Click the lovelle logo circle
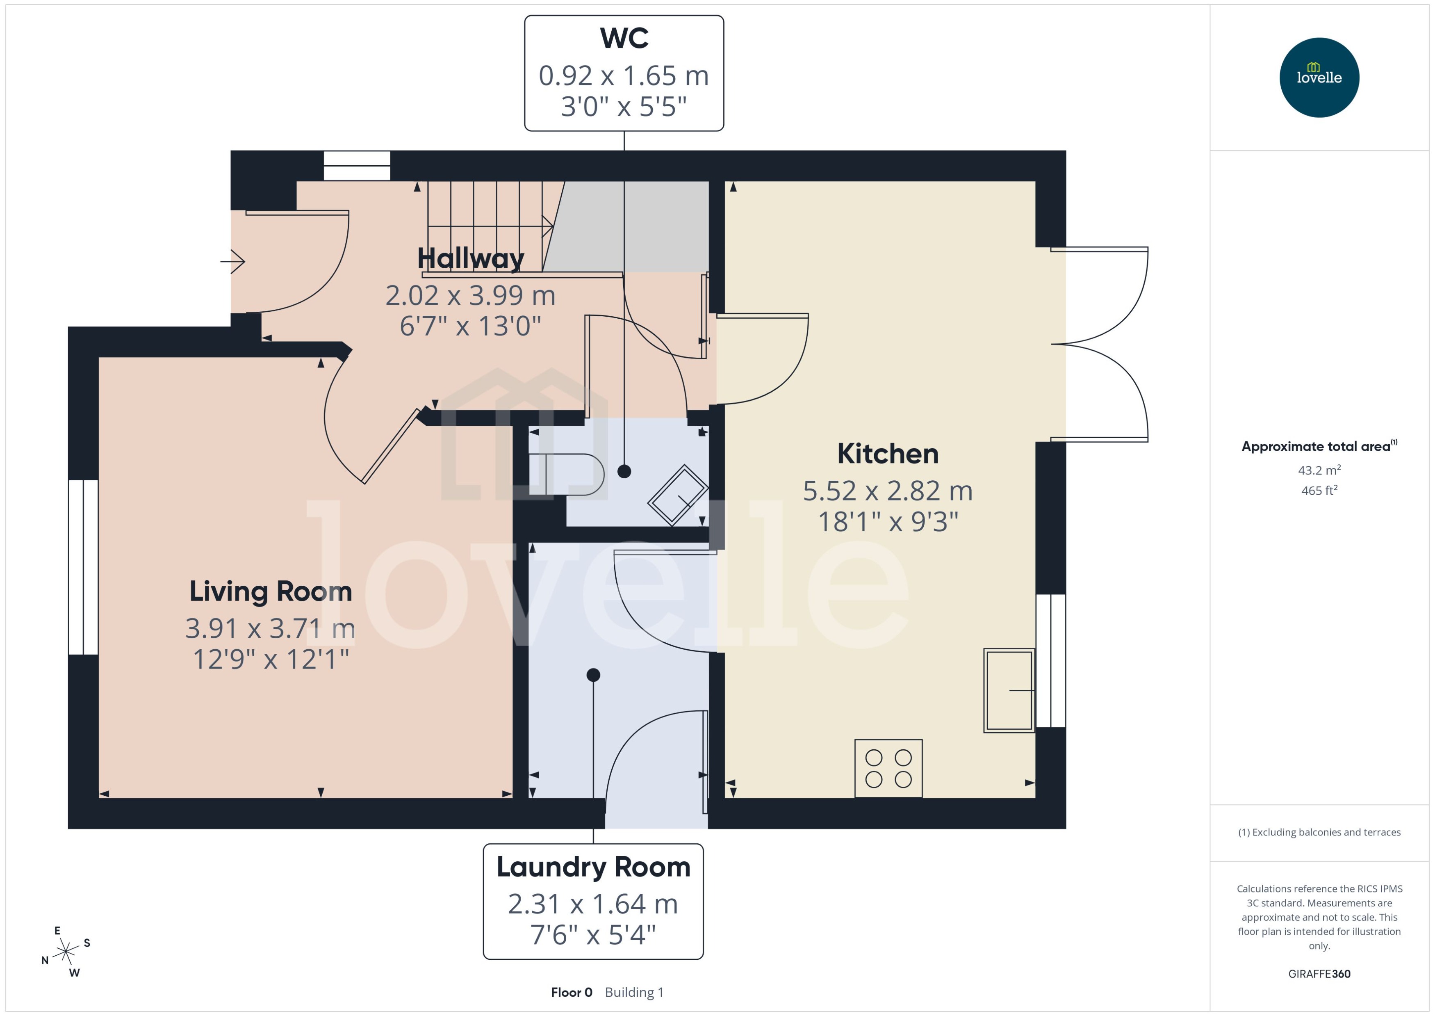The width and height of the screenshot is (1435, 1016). point(1319,78)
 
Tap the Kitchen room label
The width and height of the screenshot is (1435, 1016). point(887,454)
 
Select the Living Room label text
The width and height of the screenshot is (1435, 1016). point(270,591)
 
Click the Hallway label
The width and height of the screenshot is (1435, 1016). point(470,258)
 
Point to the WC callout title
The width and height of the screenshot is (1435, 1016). point(623,38)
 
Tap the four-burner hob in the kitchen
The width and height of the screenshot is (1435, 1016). point(888,768)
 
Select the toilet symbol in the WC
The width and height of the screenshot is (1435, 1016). point(566,474)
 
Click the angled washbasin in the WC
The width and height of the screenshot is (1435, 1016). point(678,494)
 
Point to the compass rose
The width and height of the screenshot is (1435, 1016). point(66,952)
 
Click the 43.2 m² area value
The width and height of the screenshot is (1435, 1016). point(1319,470)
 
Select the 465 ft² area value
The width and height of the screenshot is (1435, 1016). point(1319,491)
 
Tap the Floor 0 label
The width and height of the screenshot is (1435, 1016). point(571,992)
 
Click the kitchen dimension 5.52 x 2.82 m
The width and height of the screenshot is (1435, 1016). point(887,491)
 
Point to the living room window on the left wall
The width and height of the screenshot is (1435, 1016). point(83,567)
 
